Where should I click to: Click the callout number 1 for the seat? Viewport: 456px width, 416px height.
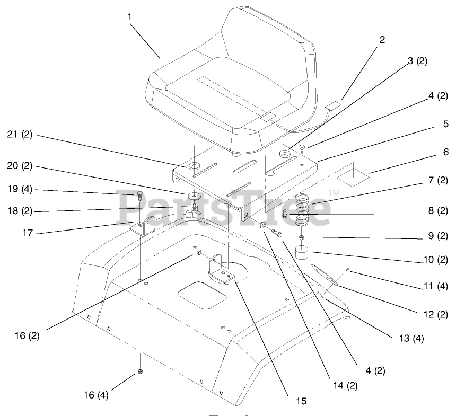(x=129, y=17)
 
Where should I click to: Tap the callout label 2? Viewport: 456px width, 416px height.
(x=382, y=39)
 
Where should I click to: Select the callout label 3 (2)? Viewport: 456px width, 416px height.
(x=417, y=60)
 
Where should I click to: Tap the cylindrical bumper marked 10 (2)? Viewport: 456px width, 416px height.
(x=303, y=254)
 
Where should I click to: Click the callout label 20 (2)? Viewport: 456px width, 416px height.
(x=20, y=165)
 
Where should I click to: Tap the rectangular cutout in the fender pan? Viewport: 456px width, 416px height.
(x=203, y=295)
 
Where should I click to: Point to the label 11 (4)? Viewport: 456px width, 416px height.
(x=436, y=287)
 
